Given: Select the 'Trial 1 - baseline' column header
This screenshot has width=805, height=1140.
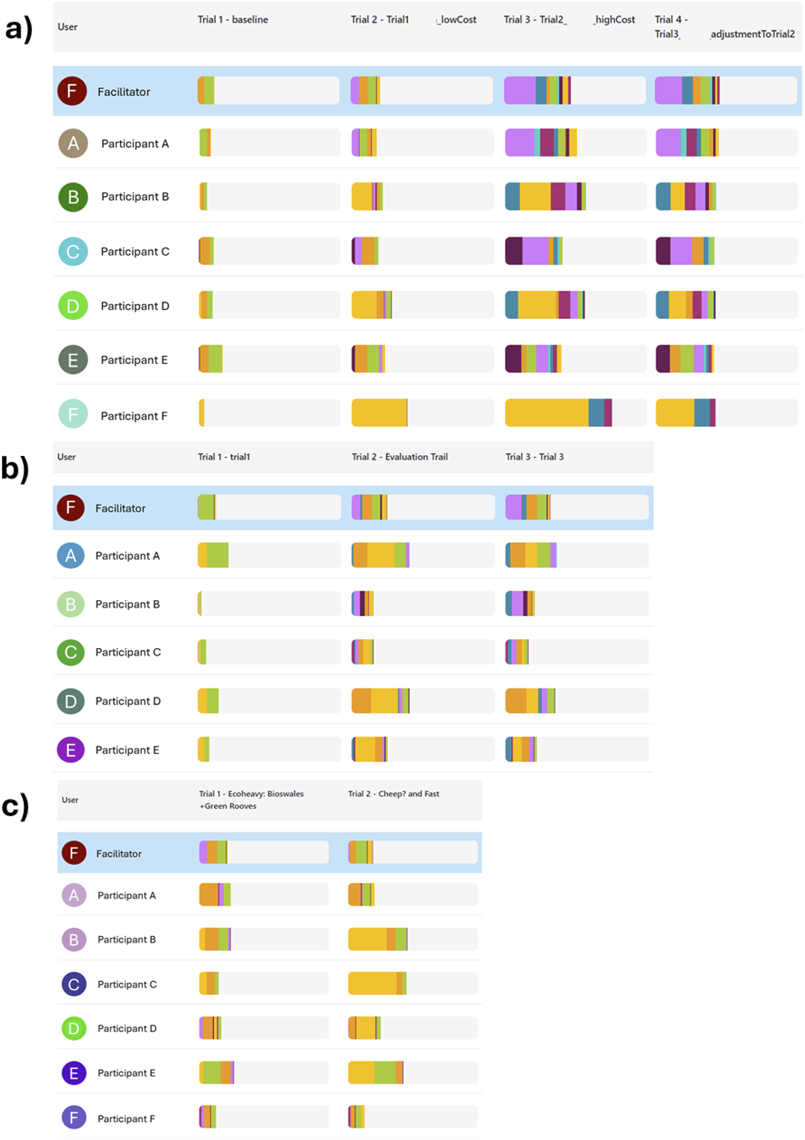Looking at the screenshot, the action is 233,19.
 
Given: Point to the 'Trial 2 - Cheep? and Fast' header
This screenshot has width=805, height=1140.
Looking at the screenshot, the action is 393,793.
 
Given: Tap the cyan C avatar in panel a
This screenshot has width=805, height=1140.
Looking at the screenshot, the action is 73,251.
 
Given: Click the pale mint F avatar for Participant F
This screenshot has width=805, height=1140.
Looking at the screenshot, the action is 73,414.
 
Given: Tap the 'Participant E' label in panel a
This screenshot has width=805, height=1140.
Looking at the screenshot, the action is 134,360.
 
